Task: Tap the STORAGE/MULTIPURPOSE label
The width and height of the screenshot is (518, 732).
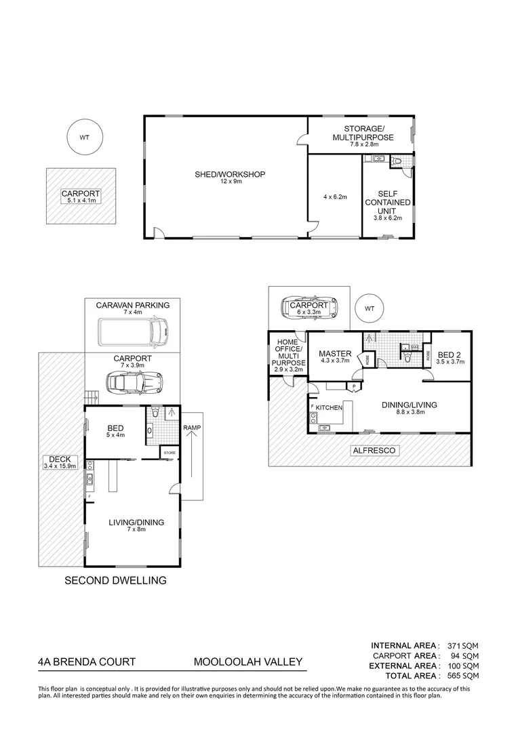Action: click(x=363, y=134)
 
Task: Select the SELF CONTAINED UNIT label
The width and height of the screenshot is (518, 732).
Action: click(x=387, y=202)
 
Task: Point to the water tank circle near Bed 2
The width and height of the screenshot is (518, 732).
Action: click(x=370, y=308)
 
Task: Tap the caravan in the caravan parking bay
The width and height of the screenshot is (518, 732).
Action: click(x=132, y=331)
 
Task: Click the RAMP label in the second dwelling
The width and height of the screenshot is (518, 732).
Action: click(x=192, y=428)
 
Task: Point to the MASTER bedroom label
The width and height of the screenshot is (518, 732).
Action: click(x=335, y=354)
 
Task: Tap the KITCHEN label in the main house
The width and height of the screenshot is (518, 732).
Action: click(x=329, y=407)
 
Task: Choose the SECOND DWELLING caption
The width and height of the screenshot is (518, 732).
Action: click(x=115, y=580)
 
